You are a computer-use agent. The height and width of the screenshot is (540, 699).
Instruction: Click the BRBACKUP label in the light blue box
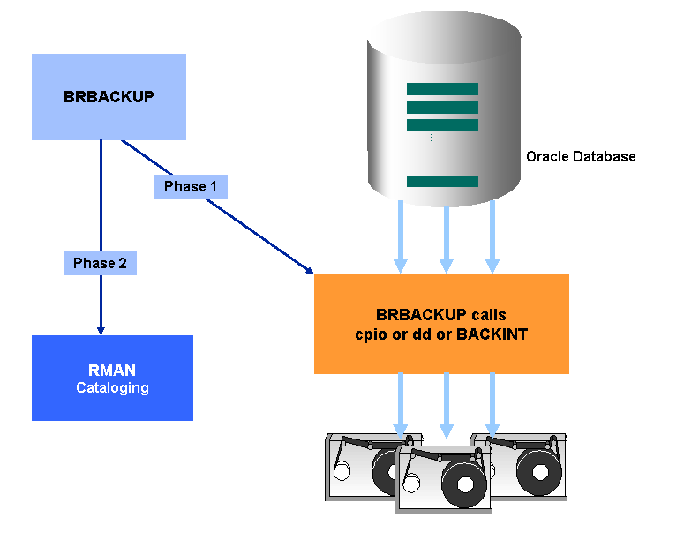pos(109,97)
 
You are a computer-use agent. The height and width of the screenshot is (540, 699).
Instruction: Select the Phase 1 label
pos(191,187)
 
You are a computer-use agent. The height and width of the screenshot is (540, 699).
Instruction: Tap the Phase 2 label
pos(100,263)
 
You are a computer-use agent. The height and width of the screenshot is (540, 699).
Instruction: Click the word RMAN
pos(112,371)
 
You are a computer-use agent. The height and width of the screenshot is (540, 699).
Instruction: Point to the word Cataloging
pos(112,387)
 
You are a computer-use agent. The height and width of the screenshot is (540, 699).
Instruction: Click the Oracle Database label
pos(581,156)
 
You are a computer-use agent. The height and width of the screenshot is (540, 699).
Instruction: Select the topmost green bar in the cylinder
pos(442,89)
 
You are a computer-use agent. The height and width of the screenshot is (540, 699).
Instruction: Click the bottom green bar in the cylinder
pos(442,181)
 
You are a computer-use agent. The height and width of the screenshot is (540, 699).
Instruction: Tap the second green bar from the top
pos(442,108)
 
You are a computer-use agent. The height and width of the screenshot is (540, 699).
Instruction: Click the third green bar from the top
pos(442,125)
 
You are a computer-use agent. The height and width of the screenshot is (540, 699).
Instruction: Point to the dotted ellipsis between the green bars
pos(431,138)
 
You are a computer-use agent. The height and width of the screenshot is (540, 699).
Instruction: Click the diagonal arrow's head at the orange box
pos(311,271)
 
